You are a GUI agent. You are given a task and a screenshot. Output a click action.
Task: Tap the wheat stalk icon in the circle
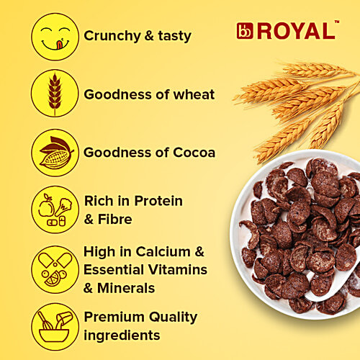click(x=55, y=94)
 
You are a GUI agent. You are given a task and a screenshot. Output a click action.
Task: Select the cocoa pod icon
click(x=55, y=152)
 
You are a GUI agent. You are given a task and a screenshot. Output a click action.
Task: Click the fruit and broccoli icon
click(x=55, y=209)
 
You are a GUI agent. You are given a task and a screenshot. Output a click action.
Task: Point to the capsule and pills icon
click(x=55, y=268)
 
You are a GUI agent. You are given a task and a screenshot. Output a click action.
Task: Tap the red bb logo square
click(x=244, y=31)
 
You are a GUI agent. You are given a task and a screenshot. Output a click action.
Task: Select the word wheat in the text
click(x=194, y=94)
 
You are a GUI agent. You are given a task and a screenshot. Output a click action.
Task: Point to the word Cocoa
click(x=192, y=152)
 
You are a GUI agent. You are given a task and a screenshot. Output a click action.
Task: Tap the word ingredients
click(x=122, y=335)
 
